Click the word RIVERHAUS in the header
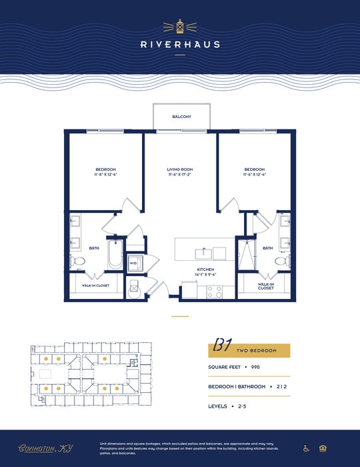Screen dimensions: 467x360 coord(180,45)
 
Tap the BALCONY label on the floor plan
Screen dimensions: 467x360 coord(181,117)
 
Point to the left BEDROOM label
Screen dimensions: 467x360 coord(105,169)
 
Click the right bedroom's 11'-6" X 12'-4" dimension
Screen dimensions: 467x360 coord(255,175)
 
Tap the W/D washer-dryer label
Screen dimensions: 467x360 coord(133,263)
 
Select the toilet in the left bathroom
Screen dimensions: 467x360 coord(77,262)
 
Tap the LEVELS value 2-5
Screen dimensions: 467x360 coord(243,406)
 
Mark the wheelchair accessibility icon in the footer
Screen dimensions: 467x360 coord(307,448)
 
